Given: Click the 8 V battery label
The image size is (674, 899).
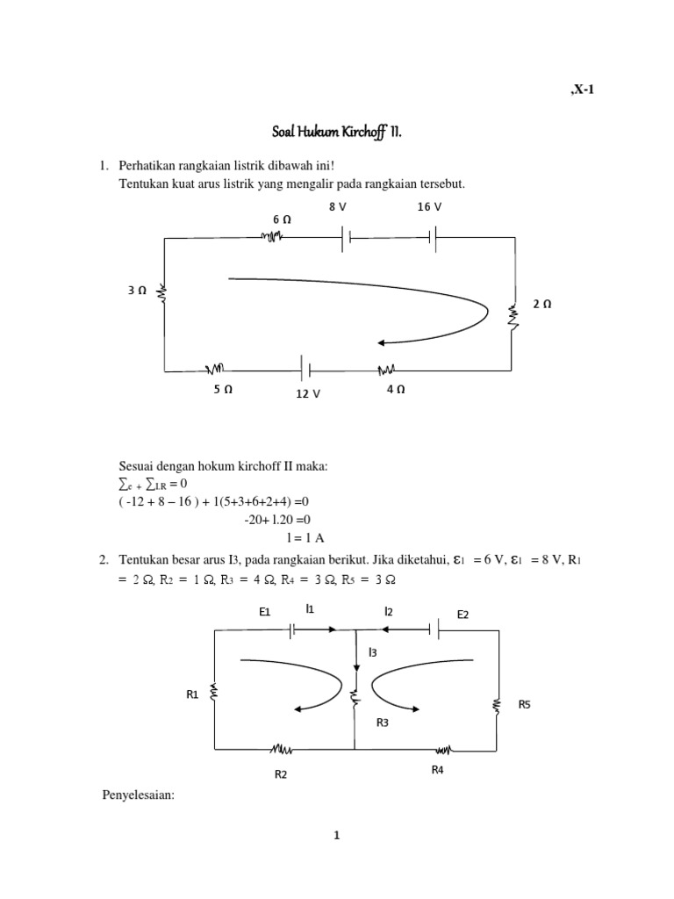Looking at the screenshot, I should tap(338, 206).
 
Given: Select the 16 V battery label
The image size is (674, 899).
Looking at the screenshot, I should tap(429, 206).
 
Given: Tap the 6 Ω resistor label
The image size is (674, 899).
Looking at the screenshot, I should tap(282, 218).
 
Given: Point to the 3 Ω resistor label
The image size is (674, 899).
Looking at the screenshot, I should tap(136, 289).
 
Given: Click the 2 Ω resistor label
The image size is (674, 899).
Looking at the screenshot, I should tap(541, 304).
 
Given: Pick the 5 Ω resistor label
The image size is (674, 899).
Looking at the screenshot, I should tap(222, 389).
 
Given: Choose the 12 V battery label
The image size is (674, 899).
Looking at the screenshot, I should tap(308, 394).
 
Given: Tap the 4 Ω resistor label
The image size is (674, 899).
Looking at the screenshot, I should tap(395, 389).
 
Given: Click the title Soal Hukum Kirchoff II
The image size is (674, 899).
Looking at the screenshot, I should tap(337, 133).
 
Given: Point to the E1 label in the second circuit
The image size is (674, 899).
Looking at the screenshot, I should tap(265, 614).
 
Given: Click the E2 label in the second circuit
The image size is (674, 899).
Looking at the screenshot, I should tap(463, 615).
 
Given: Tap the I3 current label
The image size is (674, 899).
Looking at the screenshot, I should tap(374, 652).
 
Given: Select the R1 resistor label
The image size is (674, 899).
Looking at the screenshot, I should tap(193, 694).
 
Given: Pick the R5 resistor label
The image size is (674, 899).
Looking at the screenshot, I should tap(525, 703).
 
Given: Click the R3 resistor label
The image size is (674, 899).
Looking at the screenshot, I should tap(383, 723).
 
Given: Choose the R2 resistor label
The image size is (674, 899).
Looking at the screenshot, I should tap(281, 774).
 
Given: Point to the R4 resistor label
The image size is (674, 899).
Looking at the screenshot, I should tap(437, 769).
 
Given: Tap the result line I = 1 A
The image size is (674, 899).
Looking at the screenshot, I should tap(305, 538).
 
